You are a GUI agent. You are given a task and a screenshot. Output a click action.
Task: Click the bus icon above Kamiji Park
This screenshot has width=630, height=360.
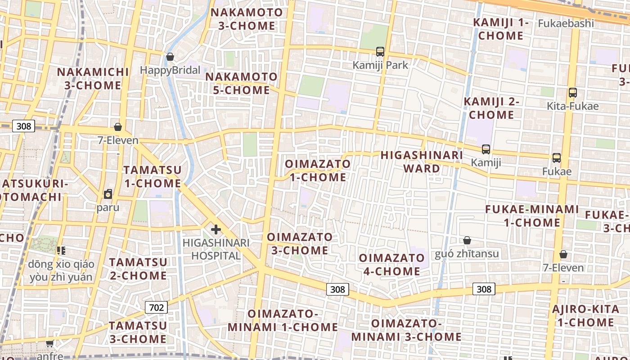380,52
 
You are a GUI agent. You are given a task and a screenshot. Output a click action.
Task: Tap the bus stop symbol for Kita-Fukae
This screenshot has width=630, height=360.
572,93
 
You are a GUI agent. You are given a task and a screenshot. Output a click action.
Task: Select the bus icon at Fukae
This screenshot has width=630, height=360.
557,158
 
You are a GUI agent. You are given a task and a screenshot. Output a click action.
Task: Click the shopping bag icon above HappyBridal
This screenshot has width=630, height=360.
170,57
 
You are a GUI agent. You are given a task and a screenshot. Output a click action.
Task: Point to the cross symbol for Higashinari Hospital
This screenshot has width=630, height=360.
216,229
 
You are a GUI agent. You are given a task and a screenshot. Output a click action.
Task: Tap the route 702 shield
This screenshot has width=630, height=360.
156,308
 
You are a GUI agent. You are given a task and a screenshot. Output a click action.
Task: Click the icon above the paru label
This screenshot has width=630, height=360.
108,194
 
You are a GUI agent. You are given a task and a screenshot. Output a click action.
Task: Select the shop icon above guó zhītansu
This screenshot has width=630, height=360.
467,240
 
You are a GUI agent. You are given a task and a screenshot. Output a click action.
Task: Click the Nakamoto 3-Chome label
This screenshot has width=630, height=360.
247,19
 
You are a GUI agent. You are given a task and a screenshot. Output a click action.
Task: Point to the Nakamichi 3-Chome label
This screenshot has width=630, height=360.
93,78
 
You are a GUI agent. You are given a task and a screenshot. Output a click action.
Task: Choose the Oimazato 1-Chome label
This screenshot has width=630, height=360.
318,170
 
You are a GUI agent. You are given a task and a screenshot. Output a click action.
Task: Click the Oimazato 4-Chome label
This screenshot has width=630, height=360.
391,265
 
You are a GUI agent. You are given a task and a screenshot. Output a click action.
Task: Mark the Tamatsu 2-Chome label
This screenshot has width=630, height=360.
138,269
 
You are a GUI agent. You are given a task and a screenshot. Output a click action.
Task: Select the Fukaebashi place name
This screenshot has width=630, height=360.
566,23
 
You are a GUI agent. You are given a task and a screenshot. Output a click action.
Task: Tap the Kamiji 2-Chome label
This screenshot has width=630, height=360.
491,108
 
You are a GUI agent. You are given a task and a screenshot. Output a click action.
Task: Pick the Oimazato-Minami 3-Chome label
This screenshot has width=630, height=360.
406,330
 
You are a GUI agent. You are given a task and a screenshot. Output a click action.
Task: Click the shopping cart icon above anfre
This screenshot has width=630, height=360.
49,343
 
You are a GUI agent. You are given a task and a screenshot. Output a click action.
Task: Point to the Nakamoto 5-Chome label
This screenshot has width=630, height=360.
241,83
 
